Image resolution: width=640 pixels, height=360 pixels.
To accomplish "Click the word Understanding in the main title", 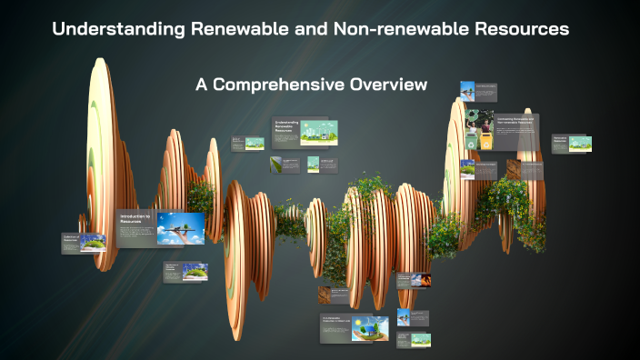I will [x=118, y=29].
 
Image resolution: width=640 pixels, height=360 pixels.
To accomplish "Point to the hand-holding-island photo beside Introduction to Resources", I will [x=180, y=227].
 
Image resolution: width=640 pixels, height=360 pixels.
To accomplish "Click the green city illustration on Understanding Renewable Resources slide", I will [x=319, y=132].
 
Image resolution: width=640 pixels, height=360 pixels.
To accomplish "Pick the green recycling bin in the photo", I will [x=473, y=142].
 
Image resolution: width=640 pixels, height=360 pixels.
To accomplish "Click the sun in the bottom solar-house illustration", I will [x=357, y=321].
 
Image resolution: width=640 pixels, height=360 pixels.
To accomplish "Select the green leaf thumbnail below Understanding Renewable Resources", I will [x=275, y=165].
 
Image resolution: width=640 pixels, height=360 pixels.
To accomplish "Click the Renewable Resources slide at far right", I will [x=573, y=144].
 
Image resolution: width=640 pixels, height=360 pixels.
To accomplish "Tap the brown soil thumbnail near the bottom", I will [x=325, y=295].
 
